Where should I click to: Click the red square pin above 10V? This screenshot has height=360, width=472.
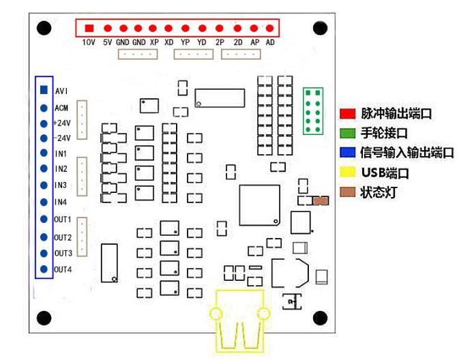click(90, 28)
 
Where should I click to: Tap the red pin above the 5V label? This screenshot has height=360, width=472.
click(107, 29)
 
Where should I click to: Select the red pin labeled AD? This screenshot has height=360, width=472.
click(270, 29)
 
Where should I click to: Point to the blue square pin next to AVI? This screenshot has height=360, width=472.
click(44, 90)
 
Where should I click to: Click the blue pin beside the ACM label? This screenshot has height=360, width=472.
click(44, 108)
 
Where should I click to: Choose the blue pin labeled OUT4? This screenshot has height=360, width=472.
click(44, 269)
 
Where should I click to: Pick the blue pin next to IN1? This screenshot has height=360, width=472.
click(44, 153)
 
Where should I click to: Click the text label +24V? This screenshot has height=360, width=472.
click(61, 123)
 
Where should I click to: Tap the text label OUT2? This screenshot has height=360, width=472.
click(63, 237)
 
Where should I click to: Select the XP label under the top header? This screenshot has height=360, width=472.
click(154, 42)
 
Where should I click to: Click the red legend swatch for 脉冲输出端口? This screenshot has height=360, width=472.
click(348, 112)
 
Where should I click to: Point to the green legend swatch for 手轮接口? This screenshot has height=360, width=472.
click(348, 132)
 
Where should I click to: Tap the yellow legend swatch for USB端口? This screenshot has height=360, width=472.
click(348, 172)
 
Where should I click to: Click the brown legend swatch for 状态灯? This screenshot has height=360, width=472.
click(348, 192)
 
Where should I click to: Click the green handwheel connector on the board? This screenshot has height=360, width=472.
click(314, 111)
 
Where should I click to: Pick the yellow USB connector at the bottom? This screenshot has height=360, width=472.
click(238, 319)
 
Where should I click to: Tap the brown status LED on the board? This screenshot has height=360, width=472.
click(321, 201)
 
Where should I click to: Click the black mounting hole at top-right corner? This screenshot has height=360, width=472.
click(321, 28)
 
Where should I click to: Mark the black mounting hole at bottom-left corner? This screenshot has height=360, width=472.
click(44, 318)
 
